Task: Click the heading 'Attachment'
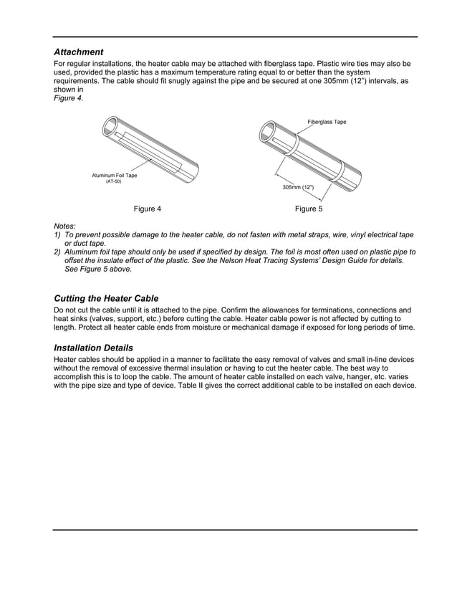79,52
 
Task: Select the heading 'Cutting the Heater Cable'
106,298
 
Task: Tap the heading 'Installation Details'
93,348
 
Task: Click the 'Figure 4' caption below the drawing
148,209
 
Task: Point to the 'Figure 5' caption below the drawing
309,209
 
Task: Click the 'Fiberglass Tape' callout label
327,122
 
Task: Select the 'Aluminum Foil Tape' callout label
114,176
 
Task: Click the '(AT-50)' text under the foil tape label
114,182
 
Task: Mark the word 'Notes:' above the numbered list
65,226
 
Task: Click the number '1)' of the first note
57,235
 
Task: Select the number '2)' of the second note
57,252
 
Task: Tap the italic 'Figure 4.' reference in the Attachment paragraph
69,98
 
